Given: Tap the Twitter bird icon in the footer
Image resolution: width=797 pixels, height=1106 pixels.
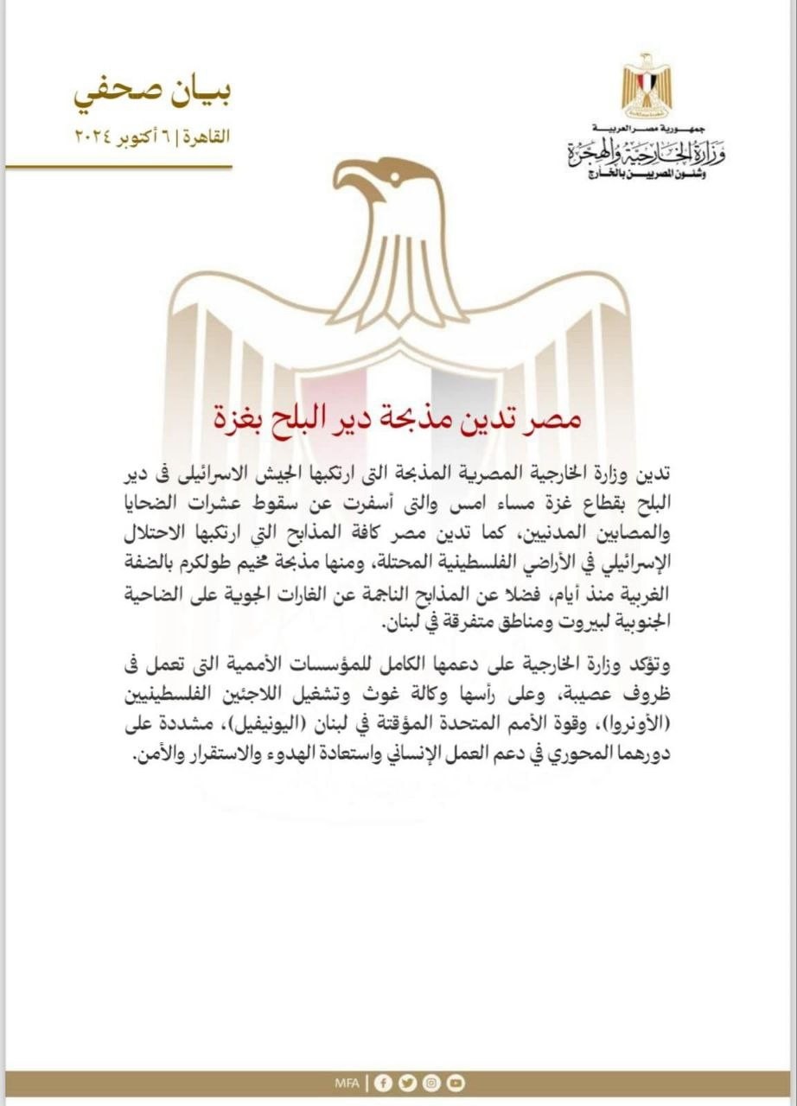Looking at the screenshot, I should click(x=408, y=1083).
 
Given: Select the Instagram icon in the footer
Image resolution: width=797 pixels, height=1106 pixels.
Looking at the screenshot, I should click(x=431, y=1083).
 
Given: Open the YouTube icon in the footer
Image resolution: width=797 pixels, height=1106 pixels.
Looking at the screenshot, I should click(x=456, y=1083).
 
